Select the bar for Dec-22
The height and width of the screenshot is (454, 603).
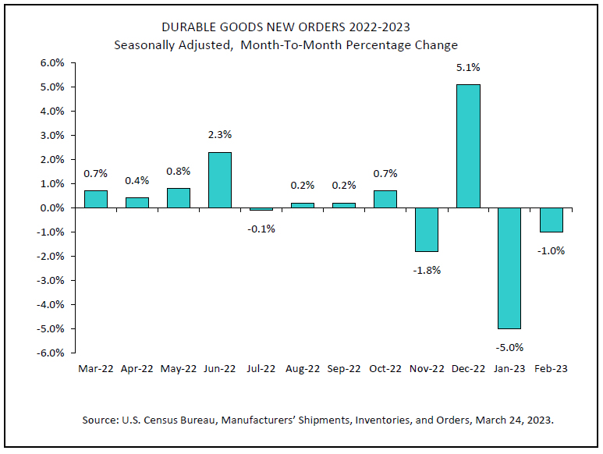468,146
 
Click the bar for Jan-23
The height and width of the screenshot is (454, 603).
509,268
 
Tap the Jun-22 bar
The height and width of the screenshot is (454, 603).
220,179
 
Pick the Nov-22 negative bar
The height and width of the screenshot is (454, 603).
427,229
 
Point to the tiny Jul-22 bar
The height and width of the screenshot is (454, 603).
261,209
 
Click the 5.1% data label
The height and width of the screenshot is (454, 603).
468,68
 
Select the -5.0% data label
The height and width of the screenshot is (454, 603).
509,347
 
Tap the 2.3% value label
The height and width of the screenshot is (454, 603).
220,135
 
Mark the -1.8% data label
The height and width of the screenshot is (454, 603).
427,270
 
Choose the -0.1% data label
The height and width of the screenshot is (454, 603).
261,228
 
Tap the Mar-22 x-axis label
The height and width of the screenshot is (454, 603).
96,368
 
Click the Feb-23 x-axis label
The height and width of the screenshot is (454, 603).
551,368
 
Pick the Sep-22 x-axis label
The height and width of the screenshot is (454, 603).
344,368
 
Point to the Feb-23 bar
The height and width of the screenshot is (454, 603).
551,220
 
